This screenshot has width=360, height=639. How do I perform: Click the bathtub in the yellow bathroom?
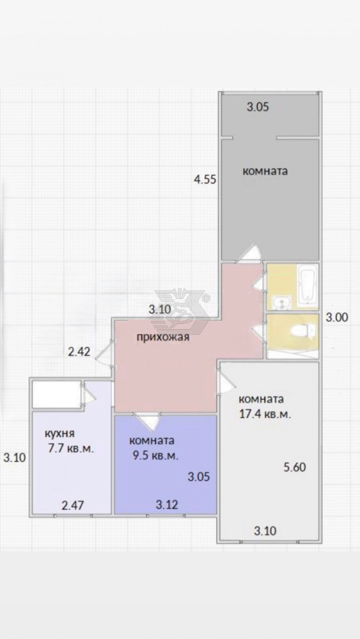[x=307, y=285]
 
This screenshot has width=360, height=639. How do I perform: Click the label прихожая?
[x=162, y=337]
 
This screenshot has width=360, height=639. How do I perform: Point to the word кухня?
[x=60, y=434]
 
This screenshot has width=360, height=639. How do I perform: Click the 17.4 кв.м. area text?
[x=265, y=415]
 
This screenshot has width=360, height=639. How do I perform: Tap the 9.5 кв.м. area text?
[x=155, y=456]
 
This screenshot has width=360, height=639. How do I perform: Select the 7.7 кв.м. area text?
[x=72, y=449]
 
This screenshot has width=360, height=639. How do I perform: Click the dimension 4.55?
[x=205, y=180]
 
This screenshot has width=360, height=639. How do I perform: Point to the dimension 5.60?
[x=295, y=467]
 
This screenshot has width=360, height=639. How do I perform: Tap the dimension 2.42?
[x=79, y=351]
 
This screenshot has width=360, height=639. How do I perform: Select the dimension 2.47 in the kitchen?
[x=72, y=505]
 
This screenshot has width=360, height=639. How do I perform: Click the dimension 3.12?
[x=167, y=505]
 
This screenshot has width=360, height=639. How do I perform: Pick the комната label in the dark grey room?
[x=265, y=171]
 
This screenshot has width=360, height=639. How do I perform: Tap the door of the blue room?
[x=147, y=420]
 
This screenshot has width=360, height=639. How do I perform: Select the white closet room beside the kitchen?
[x=56, y=394]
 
